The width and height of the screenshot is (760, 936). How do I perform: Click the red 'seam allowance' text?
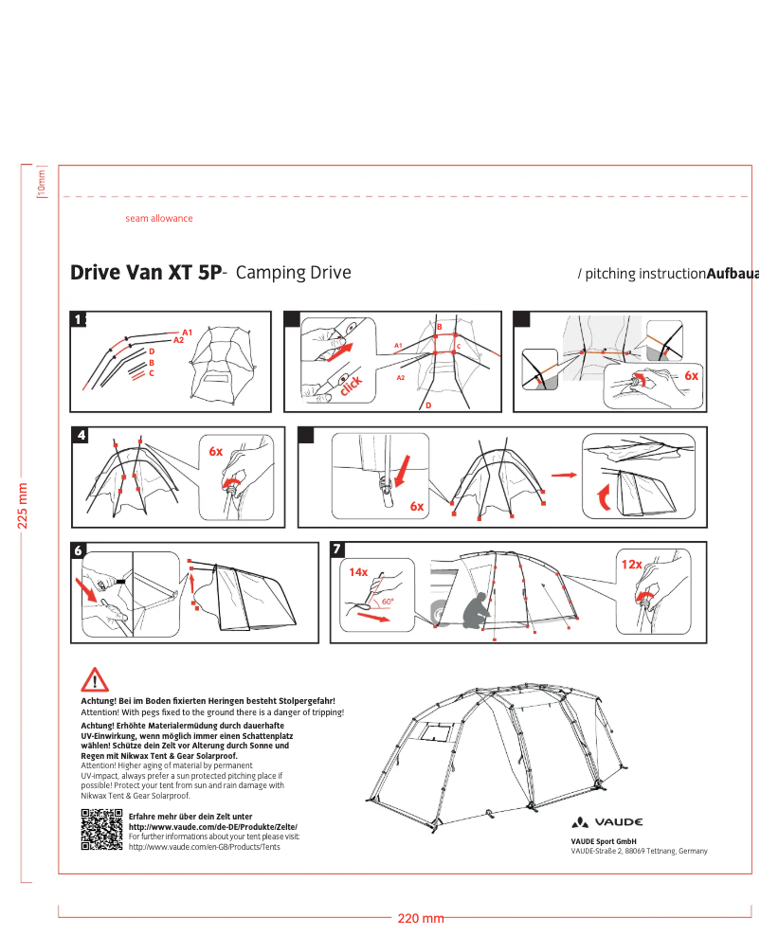(158, 219)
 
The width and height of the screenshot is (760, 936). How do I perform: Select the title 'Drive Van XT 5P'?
(145, 273)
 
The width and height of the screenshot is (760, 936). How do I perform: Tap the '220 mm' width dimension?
(420, 919)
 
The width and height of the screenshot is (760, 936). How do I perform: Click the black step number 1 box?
(80, 319)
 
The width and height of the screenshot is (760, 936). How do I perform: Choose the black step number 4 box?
(81, 435)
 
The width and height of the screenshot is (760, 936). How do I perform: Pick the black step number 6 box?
(80, 549)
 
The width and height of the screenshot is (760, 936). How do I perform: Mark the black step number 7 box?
(338, 549)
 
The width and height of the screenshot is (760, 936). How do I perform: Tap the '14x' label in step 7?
(357, 572)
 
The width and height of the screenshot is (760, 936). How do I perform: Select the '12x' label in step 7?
(631, 565)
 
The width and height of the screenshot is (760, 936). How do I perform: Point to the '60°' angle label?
(388, 601)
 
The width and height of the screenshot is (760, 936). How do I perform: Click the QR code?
(101, 831)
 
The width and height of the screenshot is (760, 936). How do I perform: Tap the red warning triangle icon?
(95, 680)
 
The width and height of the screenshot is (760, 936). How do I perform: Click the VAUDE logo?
(607, 822)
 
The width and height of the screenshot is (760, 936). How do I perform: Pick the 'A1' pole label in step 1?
(188, 332)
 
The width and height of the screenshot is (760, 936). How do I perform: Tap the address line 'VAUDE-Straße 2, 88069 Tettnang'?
(639, 851)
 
